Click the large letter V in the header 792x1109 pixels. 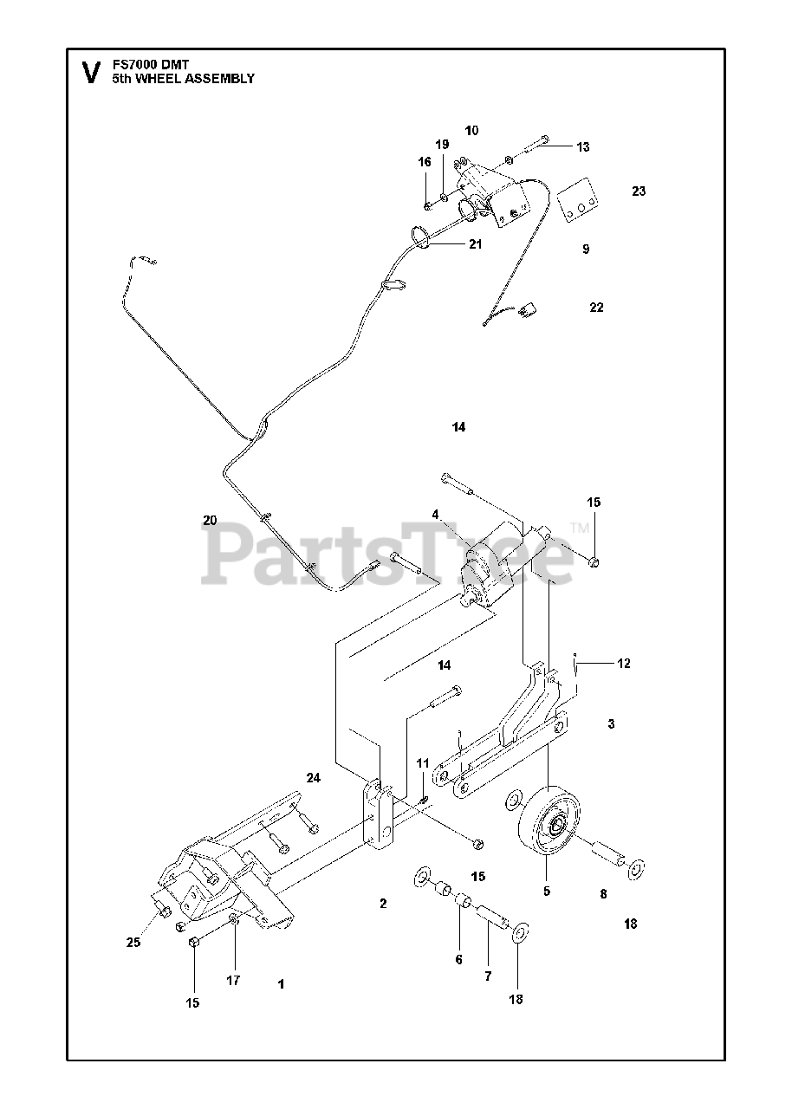pyautogui.click(x=89, y=72)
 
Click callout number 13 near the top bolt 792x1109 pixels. pyautogui.click(x=582, y=147)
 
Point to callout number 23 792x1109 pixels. pyautogui.click(x=639, y=191)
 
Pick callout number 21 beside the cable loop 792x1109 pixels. pyautogui.click(x=475, y=244)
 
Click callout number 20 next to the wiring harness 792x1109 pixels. pyautogui.click(x=210, y=520)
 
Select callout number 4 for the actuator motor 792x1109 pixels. pyautogui.click(x=437, y=515)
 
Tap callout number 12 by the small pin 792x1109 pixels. pyautogui.click(x=624, y=664)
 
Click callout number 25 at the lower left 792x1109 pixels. pyautogui.click(x=133, y=943)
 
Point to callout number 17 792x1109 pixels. pyautogui.click(x=233, y=981)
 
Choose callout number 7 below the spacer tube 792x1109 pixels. pyautogui.click(x=488, y=976)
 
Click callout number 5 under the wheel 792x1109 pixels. pyautogui.click(x=546, y=891)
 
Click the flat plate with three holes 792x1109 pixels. pyautogui.click(x=579, y=202)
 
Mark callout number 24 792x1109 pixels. pyautogui.click(x=313, y=778)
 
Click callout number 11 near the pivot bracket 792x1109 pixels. pyautogui.click(x=423, y=763)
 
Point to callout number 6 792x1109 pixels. pyautogui.click(x=458, y=959)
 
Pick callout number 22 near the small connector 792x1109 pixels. pyautogui.click(x=596, y=308)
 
